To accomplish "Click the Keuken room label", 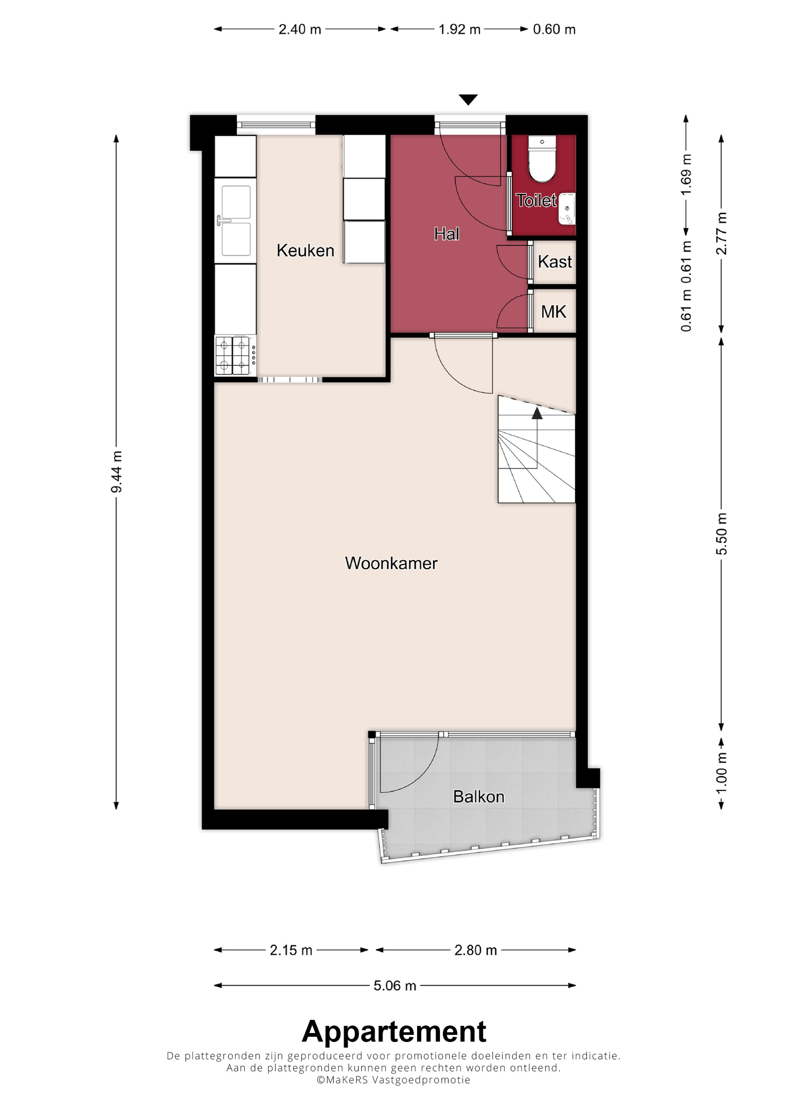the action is point(305,250).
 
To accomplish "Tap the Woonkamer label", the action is point(391,563).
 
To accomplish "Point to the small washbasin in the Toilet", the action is point(567,209).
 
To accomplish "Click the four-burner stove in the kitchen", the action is point(235,355).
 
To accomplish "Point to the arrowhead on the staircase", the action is point(537,413).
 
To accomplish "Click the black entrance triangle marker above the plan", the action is point(468,100).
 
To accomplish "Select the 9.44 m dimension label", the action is point(116,472).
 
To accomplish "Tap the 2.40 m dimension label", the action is point(300,29).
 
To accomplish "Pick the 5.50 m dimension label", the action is point(722,534).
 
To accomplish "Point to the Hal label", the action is point(447,234).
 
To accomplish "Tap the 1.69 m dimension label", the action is point(686,175).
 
